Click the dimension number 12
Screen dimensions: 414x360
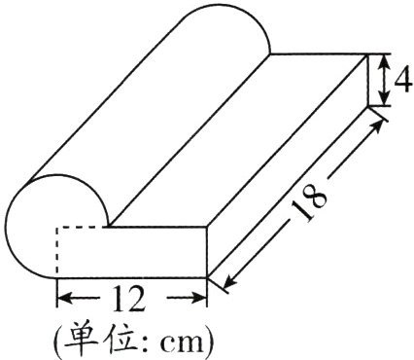(128, 299)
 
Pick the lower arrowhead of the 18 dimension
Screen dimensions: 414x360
(229, 281)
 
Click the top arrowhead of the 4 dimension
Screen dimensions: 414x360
(384, 62)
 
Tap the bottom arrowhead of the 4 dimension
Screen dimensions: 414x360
(384, 98)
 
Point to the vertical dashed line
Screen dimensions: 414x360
(57, 252)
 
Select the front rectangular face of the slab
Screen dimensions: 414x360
(132, 252)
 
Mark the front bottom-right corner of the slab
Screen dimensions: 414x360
(207, 277)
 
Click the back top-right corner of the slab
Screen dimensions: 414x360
(368, 54)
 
